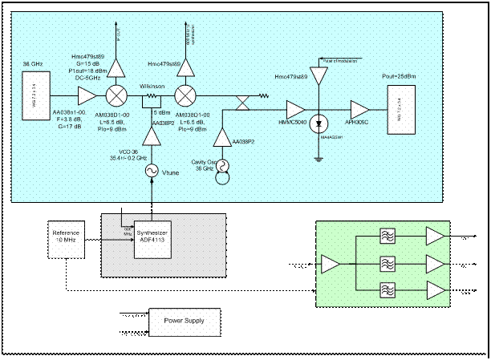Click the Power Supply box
click(184, 321)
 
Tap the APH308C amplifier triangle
click(359, 107)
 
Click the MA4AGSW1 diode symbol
click(319, 124)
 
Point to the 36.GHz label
click(32, 63)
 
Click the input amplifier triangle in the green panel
click(330, 262)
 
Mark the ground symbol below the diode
click(319, 157)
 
